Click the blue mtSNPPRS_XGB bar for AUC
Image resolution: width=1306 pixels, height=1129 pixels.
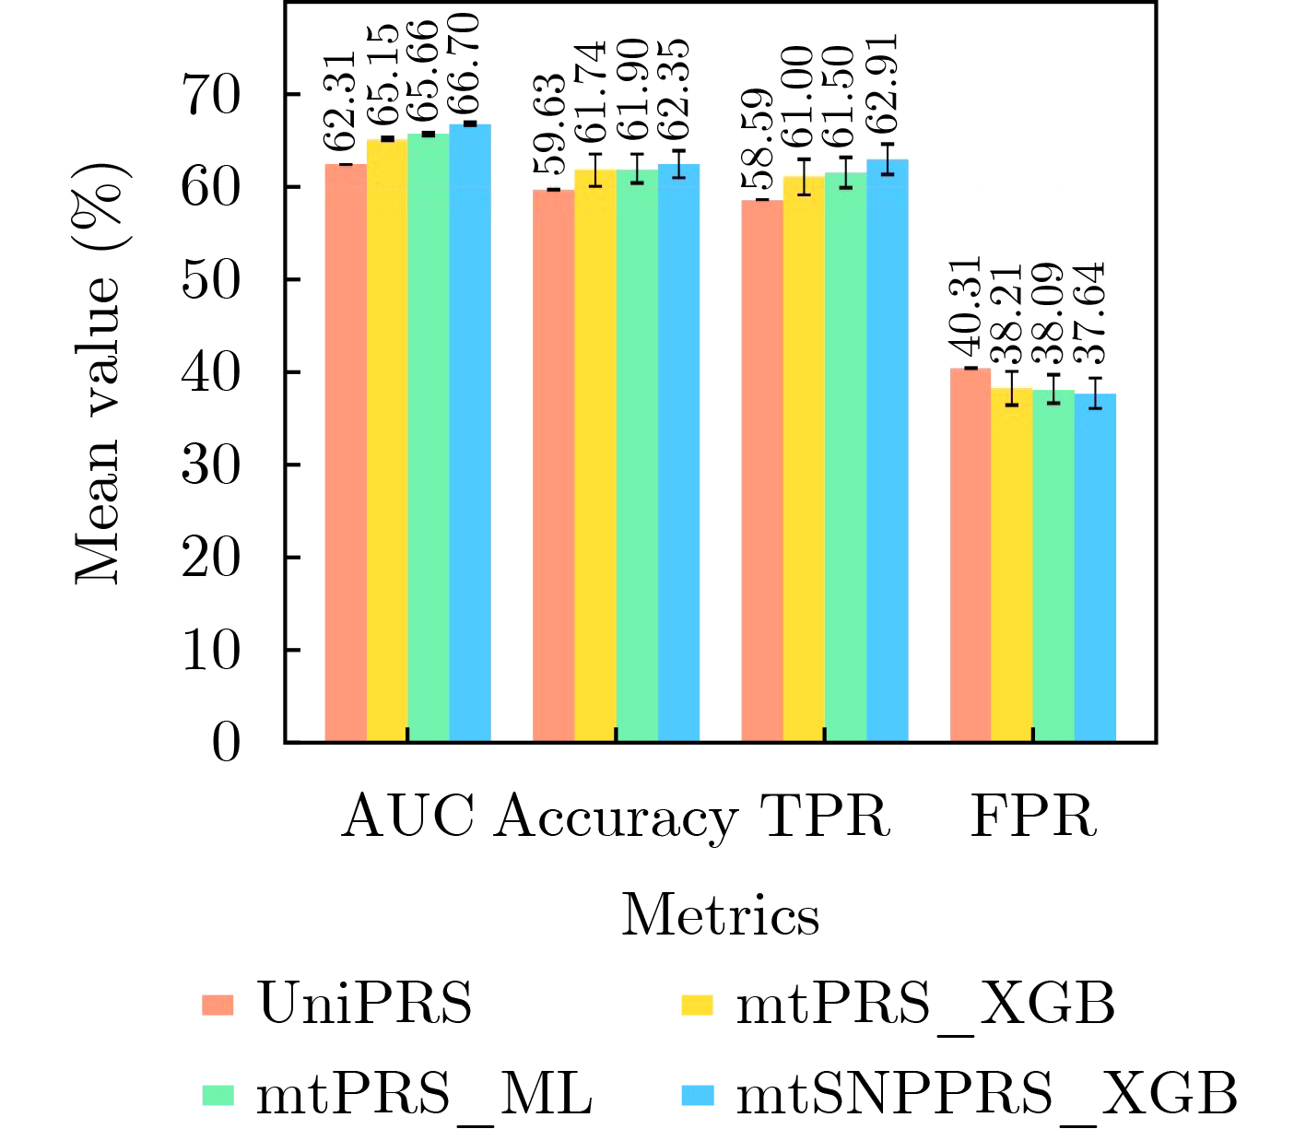[x=470, y=433]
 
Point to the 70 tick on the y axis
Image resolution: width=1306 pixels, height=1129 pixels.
[x=212, y=95]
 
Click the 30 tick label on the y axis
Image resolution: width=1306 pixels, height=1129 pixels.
[x=212, y=465]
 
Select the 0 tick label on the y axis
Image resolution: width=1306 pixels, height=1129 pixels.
[x=226, y=743]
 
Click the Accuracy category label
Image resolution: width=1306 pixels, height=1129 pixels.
[x=616, y=817]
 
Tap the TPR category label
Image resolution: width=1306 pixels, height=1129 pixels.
[x=825, y=816]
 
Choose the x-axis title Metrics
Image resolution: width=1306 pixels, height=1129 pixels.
[x=720, y=916]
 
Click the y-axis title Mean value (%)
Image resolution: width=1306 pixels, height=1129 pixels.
[x=100, y=372]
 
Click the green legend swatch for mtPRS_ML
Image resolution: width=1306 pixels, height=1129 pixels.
[x=218, y=1095]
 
